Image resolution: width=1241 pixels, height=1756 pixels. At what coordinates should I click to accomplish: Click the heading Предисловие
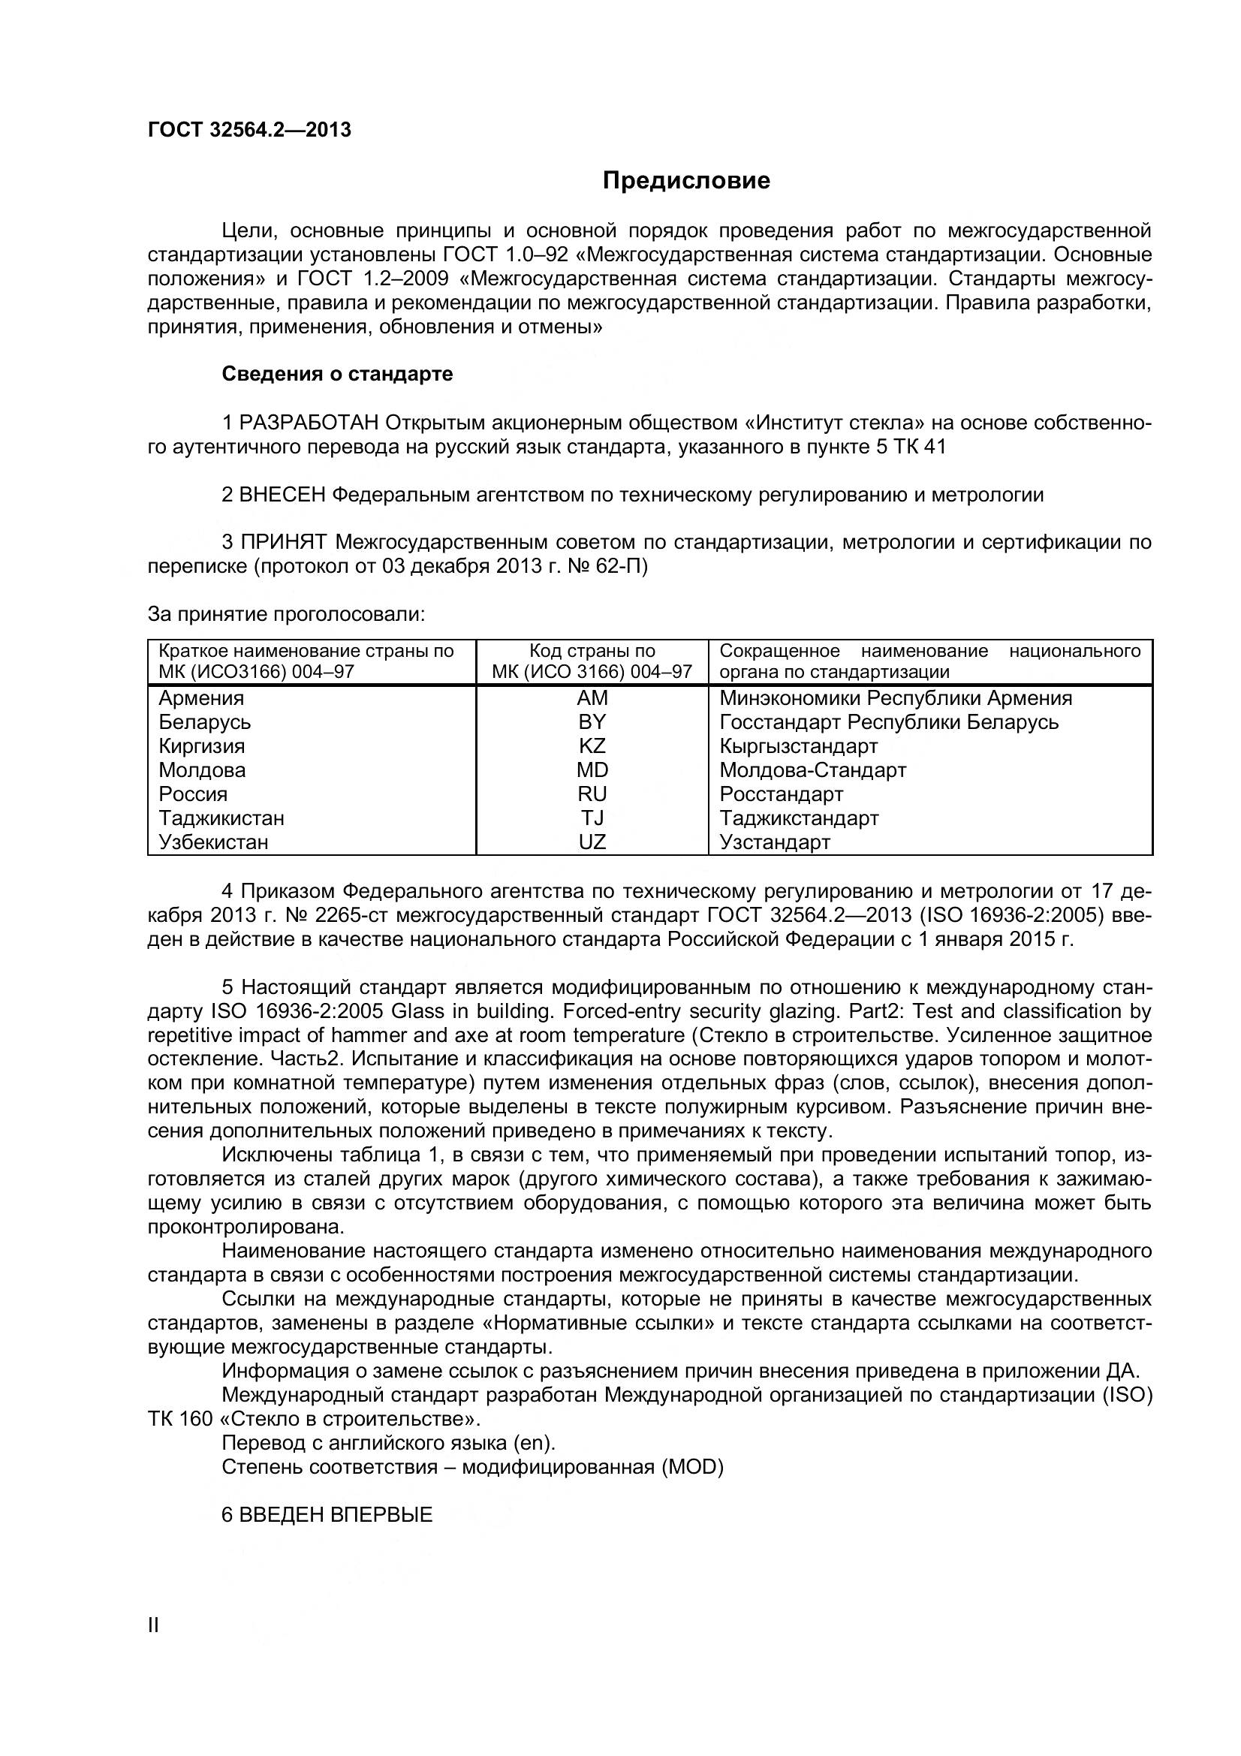pyautogui.click(x=686, y=180)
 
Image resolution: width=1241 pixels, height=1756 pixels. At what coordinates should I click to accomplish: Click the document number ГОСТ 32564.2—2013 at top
pyautogui.click(x=249, y=130)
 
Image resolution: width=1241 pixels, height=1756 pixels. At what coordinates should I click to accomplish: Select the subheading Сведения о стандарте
pyautogui.click(x=337, y=374)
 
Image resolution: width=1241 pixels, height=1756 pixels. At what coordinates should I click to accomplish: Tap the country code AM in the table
pyautogui.click(x=592, y=697)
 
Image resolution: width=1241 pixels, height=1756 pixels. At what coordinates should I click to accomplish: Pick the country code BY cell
pyautogui.click(x=592, y=722)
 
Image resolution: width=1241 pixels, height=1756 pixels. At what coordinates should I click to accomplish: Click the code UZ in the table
pyautogui.click(x=592, y=842)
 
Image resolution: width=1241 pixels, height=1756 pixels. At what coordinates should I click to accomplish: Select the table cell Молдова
pyautogui.click(x=202, y=770)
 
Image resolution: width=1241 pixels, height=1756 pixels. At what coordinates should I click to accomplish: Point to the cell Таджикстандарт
pyautogui.click(x=799, y=818)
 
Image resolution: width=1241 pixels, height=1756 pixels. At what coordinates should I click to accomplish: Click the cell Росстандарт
pyautogui.click(x=782, y=794)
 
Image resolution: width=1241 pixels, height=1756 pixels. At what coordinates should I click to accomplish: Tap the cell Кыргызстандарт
pyautogui.click(x=798, y=745)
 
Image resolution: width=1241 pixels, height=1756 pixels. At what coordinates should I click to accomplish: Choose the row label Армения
pyautogui.click(x=201, y=697)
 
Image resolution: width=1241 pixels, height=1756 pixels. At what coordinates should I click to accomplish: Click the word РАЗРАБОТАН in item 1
pyautogui.click(x=309, y=423)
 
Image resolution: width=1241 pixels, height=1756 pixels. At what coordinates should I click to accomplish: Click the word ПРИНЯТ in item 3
pyautogui.click(x=284, y=543)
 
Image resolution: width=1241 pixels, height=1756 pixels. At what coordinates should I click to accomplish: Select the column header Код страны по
pyautogui.click(x=592, y=651)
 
